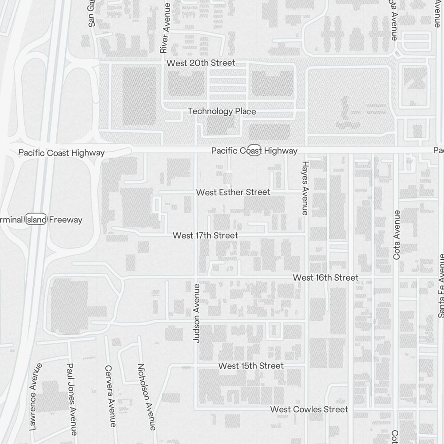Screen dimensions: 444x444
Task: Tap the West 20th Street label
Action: (x=201, y=63)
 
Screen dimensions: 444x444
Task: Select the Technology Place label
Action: (x=222, y=111)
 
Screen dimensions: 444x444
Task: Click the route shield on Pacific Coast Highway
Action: (x=254, y=150)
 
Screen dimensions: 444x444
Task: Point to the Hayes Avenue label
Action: (x=305, y=188)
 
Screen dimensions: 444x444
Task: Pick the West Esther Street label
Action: (x=233, y=192)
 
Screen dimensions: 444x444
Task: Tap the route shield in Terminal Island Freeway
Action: (x=36, y=219)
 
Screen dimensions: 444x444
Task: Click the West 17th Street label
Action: (x=205, y=235)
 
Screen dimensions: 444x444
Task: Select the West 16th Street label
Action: (x=325, y=277)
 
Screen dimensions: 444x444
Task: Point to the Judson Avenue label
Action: (x=197, y=313)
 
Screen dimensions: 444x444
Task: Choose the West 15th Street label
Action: (x=251, y=366)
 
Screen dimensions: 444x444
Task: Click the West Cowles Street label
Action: (x=309, y=409)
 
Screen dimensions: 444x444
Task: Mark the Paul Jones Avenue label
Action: (x=71, y=399)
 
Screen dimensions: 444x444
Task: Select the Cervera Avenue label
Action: (x=110, y=396)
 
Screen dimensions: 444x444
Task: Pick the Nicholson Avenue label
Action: (x=146, y=396)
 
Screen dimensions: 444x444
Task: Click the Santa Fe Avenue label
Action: (x=441, y=285)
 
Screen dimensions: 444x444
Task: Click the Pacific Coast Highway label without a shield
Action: (x=61, y=153)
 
